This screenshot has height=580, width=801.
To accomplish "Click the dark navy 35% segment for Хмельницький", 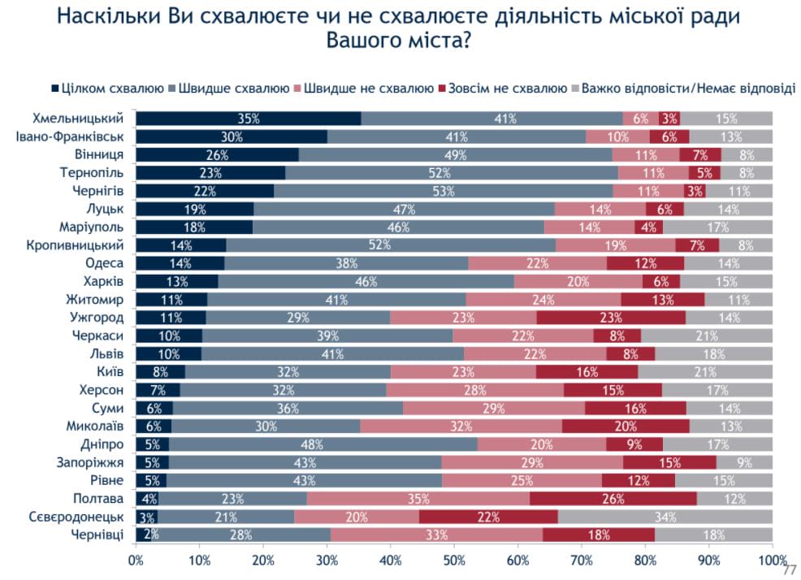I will (248, 119).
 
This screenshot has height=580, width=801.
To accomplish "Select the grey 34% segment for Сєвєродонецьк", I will (665, 517).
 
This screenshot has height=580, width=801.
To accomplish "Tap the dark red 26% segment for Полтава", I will (613, 498).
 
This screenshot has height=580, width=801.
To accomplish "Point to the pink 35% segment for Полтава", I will (418, 498).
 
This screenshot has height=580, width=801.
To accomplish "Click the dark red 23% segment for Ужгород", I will (611, 317).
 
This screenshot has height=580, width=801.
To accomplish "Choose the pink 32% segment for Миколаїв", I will (461, 425).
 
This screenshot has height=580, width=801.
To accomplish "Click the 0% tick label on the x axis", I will (136, 561).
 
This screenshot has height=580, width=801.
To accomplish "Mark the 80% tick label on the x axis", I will (645, 561).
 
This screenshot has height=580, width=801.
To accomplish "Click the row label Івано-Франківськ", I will (70, 136).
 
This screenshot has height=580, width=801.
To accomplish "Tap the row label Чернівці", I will (98, 534).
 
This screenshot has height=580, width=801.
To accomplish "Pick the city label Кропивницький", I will (79, 245).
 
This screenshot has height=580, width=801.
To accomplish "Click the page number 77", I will (789, 570).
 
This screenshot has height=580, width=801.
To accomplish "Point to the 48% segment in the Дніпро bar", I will (323, 444).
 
